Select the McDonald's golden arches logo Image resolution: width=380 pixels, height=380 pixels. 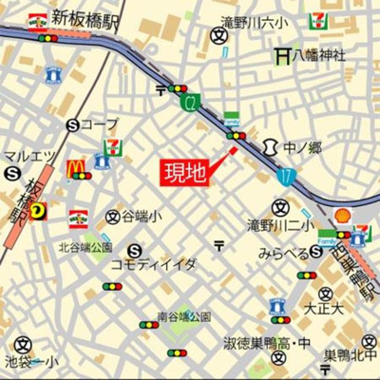pyautogui.click(x=76, y=168)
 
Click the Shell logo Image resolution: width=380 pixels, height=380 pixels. pyautogui.click(x=340, y=216)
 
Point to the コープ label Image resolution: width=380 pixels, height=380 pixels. pyautogui.click(x=99, y=123)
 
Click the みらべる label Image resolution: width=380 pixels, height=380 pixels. pyautogui.click(x=283, y=254)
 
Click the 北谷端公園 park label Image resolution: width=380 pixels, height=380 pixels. pyautogui.click(x=85, y=247)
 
